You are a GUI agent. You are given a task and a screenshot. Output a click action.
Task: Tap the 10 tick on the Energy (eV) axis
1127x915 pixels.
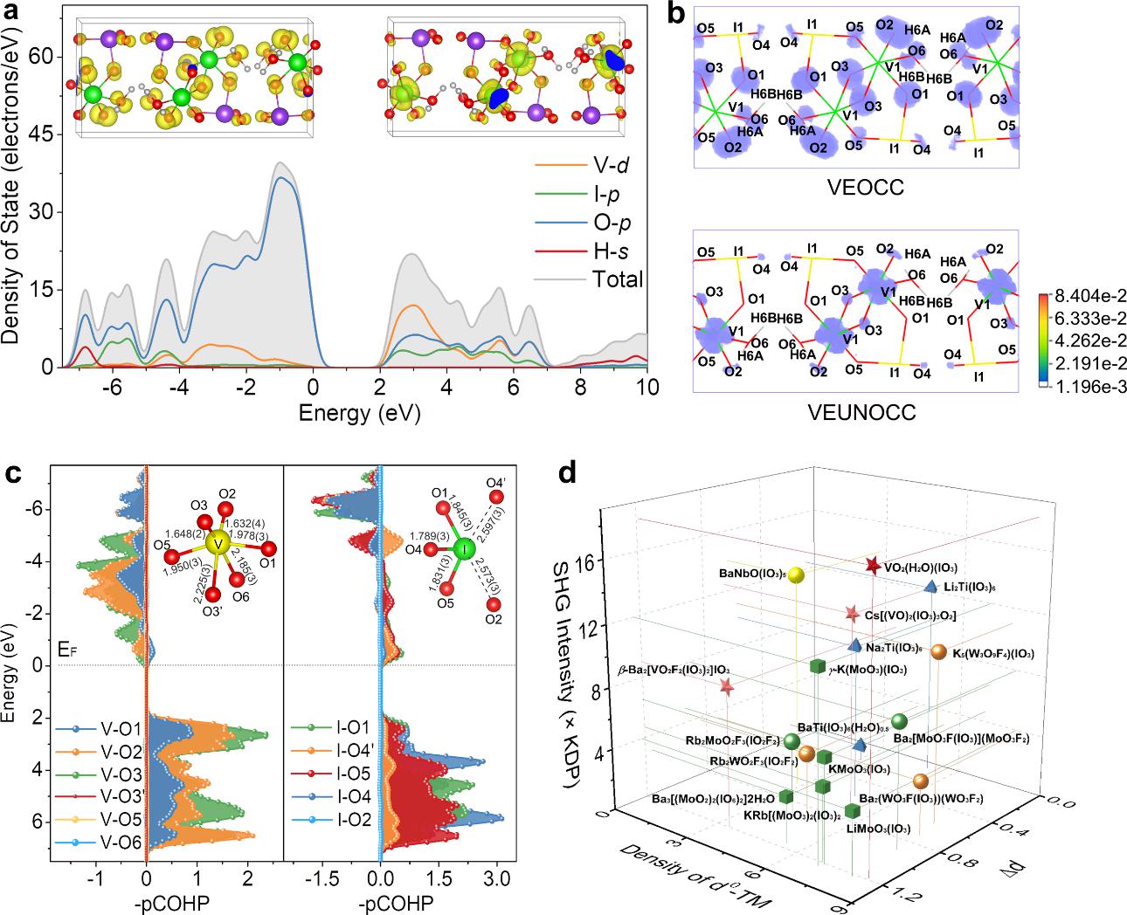click(x=646, y=386)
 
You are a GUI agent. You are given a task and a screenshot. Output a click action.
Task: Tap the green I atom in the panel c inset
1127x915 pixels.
click(x=464, y=549)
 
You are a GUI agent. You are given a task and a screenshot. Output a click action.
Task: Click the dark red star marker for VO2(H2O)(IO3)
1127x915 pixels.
click(x=872, y=567)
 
